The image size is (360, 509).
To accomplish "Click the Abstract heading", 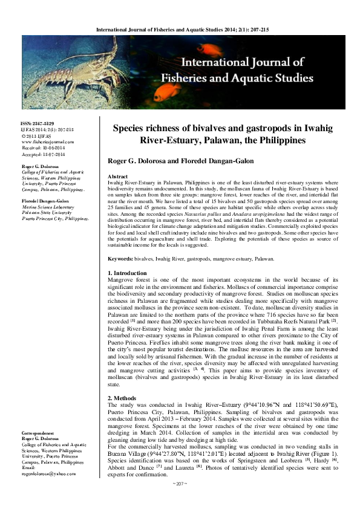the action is [x=117, y=177].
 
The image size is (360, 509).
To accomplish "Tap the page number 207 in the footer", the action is [x=180, y=501].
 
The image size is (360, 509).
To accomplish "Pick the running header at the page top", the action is [x=180, y=28].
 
